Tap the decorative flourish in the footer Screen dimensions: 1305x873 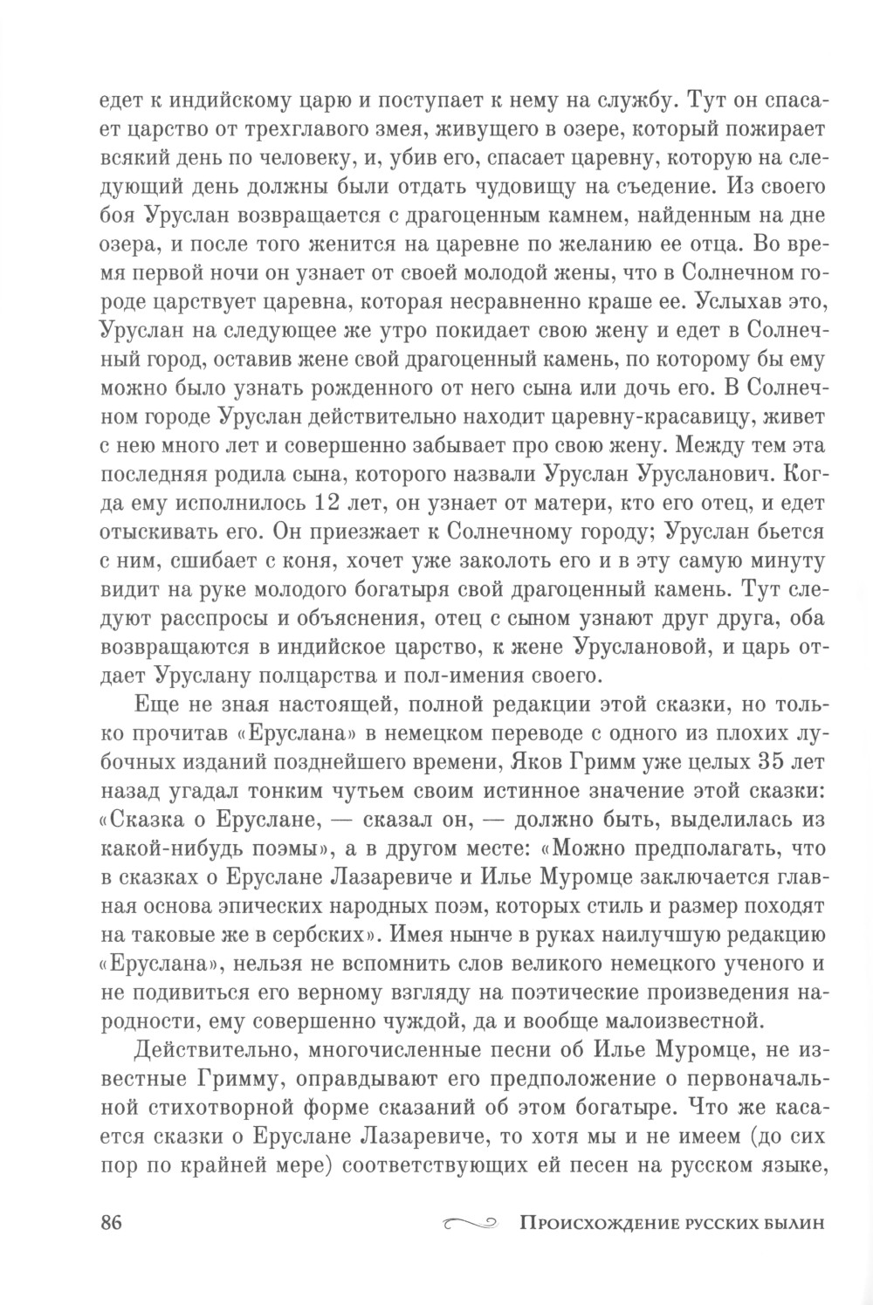(x=470, y=1222)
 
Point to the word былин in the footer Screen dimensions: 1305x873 (x=792, y=1222)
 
